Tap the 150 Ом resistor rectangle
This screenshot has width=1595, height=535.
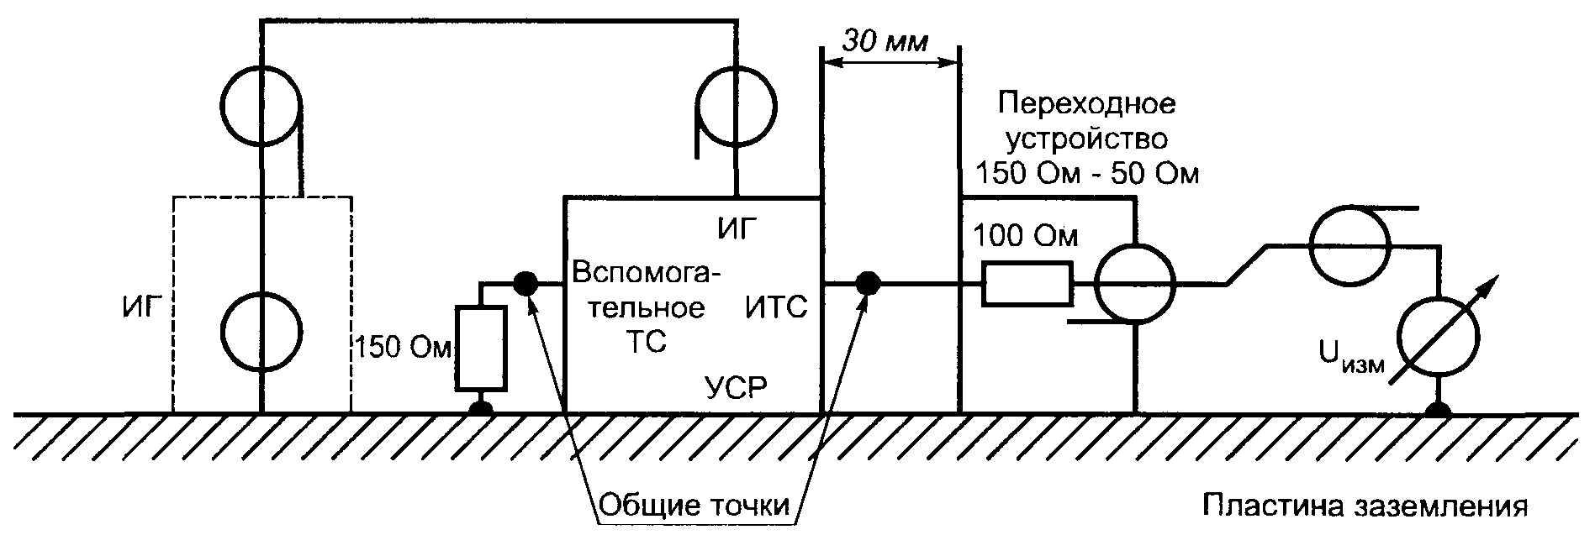480,349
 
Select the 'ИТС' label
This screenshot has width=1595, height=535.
776,308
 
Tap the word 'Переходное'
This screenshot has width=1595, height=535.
1085,105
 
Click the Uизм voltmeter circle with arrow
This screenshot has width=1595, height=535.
1438,336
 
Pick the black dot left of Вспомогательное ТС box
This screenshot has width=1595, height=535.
526,284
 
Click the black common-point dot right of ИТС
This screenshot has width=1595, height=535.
867,284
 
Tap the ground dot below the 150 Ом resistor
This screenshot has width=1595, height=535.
481,408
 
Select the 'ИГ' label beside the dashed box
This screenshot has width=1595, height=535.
140,308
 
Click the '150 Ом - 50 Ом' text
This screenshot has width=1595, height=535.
1085,174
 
